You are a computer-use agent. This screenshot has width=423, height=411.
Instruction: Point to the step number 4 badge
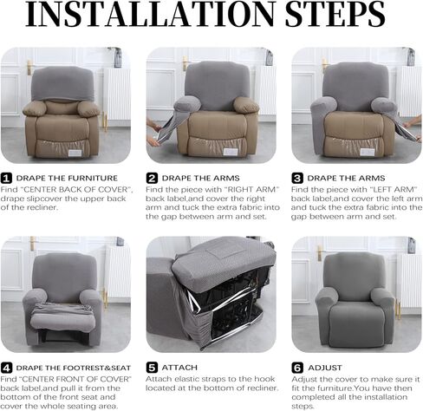[7, 368]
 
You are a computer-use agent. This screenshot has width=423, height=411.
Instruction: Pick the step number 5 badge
[152, 367]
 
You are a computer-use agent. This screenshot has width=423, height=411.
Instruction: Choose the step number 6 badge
[297, 367]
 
